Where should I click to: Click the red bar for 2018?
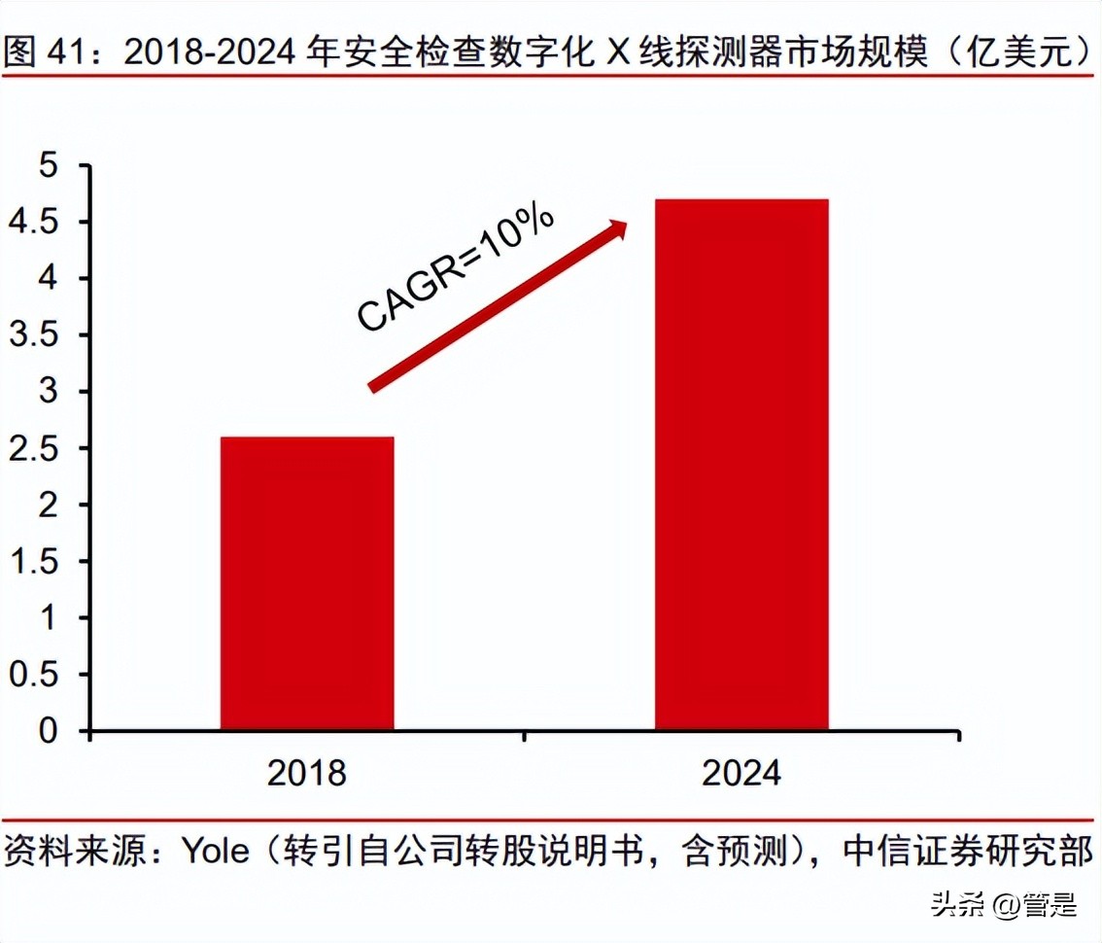point(307,583)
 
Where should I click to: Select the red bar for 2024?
point(741,465)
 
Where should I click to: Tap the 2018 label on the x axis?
point(307,773)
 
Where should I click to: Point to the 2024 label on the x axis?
point(741,773)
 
